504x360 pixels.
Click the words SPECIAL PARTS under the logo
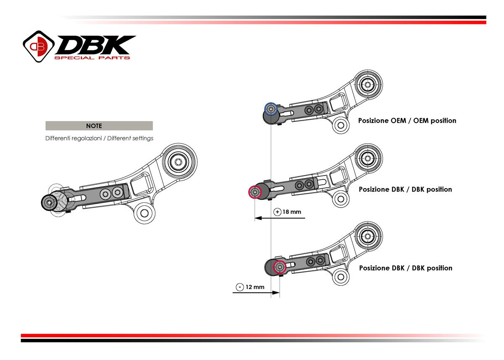click(x=92, y=58)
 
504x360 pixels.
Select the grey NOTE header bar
click(x=99, y=126)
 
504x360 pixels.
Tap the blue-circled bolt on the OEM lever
click(x=271, y=109)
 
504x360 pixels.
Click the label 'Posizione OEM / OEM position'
click(x=407, y=121)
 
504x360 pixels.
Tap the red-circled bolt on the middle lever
click(x=255, y=192)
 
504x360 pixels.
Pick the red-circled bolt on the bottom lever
click(x=280, y=267)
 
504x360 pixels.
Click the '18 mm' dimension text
click(x=292, y=212)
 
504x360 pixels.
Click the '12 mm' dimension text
click(x=255, y=287)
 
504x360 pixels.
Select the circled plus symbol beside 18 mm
click(x=277, y=212)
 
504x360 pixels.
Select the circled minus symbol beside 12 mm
click(x=239, y=287)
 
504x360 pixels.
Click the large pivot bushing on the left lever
click(x=179, y=162)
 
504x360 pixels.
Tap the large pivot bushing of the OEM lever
click(x=368, y=84)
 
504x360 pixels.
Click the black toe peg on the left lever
click(x=49, y=202)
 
